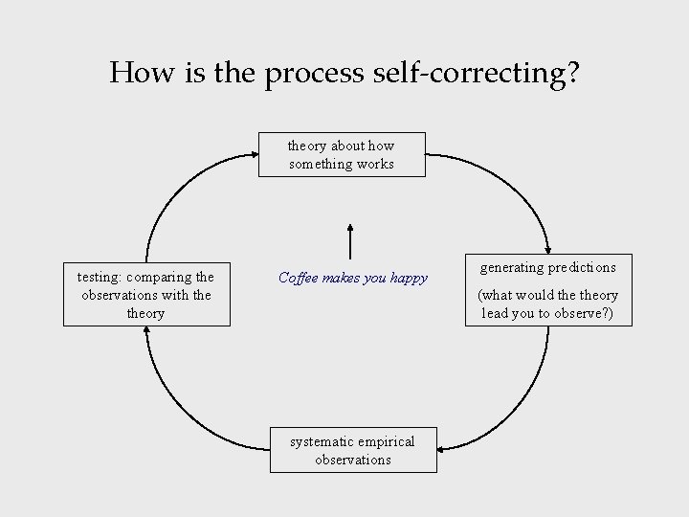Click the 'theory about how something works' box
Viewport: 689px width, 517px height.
[x=342, y=154]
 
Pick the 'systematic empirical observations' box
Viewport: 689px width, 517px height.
[x=352, y=450]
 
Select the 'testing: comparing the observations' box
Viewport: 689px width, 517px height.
[x=146, y=294]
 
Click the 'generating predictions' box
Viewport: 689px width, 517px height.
[x=548, y=291]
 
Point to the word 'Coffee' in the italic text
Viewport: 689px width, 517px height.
[x=300, y=278]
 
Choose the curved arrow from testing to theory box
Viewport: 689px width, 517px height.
[x=182, y=182]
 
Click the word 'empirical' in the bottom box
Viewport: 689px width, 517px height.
[x=387, y=441]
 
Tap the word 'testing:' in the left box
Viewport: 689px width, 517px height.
[x=100, y=278]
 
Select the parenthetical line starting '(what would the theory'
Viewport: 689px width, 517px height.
[x=548, y=295]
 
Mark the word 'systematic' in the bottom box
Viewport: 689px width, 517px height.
[x=322, y=441]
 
